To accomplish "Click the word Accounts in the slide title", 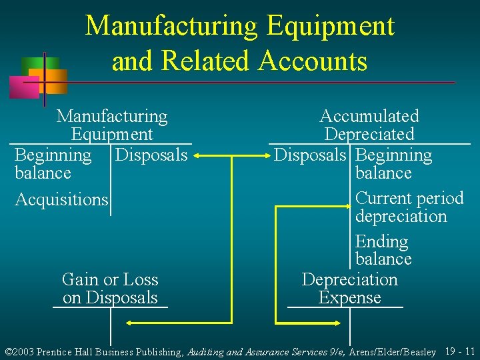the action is point(312,61).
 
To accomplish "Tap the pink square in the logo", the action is point(23,87).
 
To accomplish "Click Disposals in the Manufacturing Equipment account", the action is point(151,155).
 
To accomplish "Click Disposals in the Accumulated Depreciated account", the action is point(310,155).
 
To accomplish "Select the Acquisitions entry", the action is point(61,199).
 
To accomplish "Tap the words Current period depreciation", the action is point(409,207).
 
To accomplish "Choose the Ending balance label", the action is point(383,250).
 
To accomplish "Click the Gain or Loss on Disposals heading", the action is point(110,289).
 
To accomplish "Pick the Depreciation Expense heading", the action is point(349,289).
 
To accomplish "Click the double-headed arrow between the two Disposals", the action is point(231,156).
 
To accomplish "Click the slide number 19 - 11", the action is point(460,351).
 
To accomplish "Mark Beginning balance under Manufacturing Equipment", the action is point(52,164).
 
